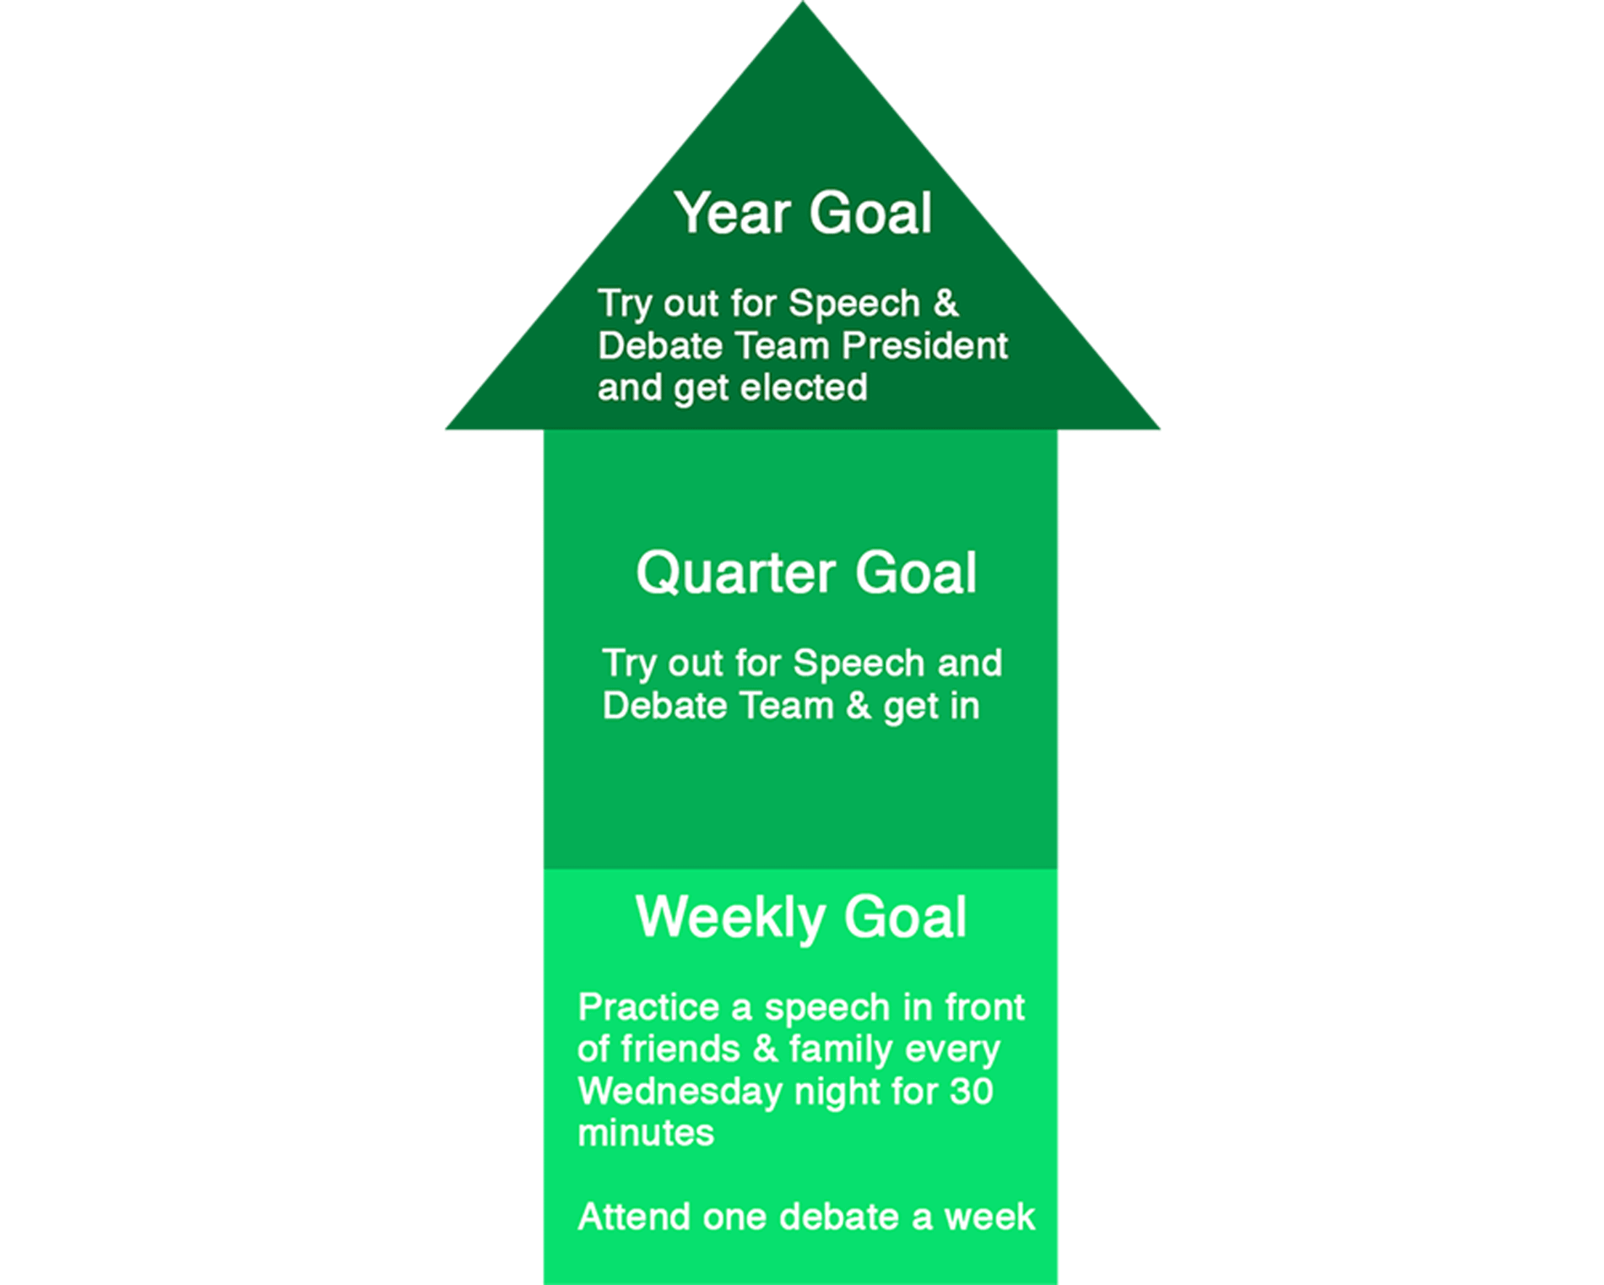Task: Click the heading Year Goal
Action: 803,213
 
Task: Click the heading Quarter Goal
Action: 806,573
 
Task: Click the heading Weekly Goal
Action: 801,918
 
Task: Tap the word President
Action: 925,345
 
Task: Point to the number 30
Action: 971,1091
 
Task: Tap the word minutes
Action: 646,1133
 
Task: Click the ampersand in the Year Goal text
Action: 946,303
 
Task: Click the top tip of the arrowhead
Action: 803,2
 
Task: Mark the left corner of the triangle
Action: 447,429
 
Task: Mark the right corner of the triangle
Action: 1159,429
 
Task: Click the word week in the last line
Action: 989,1217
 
